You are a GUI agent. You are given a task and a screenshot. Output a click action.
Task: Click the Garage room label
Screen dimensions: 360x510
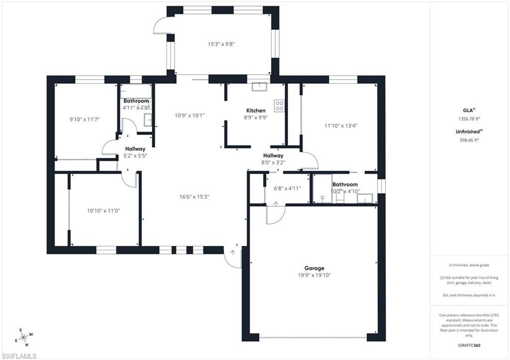314,268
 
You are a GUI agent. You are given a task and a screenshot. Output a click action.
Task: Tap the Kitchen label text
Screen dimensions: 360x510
256,111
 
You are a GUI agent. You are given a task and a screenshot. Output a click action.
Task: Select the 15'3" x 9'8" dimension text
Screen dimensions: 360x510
221,44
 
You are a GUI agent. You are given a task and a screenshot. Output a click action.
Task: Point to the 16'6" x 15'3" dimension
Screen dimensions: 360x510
195,197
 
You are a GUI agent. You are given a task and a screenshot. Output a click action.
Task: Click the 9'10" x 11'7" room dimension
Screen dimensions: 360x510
85,120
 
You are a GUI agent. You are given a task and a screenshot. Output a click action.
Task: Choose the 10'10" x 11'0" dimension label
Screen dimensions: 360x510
104,211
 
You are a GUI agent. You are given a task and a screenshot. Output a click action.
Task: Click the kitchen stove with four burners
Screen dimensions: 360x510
279,106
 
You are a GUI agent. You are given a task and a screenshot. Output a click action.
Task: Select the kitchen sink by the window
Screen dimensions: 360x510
259,87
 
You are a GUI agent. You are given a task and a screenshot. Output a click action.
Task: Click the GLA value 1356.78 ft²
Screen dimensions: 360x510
469,119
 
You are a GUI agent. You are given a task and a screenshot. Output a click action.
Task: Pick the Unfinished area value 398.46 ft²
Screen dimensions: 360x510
469,140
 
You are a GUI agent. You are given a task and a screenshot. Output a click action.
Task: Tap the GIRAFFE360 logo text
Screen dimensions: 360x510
470,345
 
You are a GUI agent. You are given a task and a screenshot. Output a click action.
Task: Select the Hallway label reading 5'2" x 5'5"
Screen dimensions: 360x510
135,152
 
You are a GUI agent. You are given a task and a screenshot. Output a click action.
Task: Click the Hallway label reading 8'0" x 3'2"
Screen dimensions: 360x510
273,159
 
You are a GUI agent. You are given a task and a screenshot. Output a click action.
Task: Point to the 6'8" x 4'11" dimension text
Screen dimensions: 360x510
287,188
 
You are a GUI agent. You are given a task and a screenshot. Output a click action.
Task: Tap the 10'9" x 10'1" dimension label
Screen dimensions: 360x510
190,116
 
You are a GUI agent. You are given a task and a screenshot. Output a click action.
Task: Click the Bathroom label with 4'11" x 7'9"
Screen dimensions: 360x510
136,104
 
